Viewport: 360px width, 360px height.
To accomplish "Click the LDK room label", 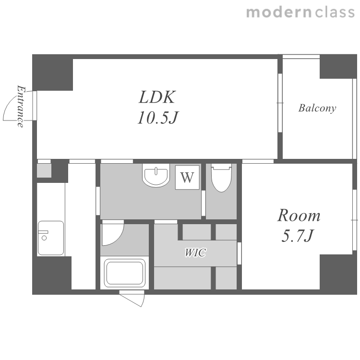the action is (157, 97).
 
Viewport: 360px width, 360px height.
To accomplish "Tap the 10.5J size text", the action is (158, 118).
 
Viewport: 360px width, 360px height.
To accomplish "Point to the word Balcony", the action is (317, 108).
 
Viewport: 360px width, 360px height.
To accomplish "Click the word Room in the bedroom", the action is (299, 216).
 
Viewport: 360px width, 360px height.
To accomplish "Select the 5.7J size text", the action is (297, 235).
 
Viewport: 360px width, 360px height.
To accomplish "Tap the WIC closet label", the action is (195, 252).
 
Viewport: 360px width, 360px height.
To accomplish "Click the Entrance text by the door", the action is (21, 106).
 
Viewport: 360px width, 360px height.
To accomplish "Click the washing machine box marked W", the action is (187, 177).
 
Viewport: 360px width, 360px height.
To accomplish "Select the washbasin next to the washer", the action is (156, 175).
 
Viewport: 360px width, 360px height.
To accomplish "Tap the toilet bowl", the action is (221, 178).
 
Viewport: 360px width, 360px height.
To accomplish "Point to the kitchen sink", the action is (51, 238).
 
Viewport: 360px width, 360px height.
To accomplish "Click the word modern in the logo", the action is (279, 12).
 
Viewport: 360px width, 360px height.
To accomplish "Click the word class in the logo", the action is (335, 12).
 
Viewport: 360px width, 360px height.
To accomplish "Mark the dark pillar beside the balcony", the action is (338, 67).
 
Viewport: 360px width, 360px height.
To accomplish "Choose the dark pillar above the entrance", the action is (53, 72).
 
